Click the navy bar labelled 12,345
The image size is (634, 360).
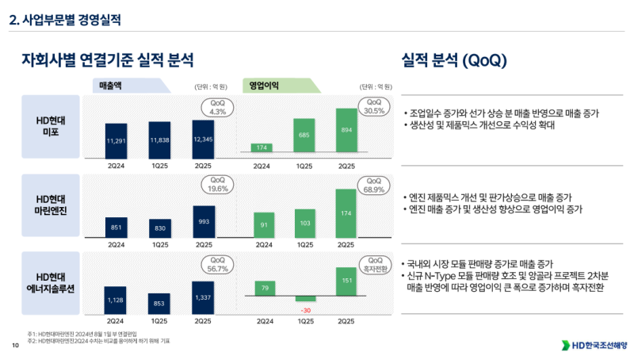(203, 137)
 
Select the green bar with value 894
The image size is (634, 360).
(346, 130)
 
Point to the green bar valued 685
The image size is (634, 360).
(304, 136)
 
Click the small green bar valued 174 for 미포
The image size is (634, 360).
(261, 148)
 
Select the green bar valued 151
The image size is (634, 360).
(346, 281)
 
